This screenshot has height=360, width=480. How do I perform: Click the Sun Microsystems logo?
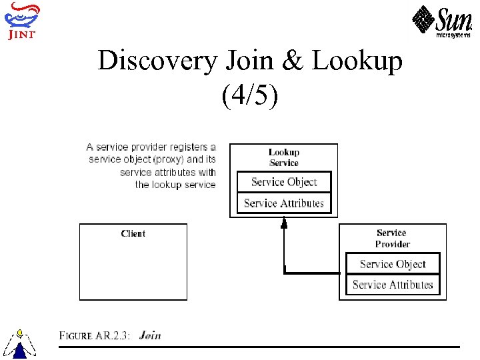441,21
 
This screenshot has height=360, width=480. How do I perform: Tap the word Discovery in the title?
157,61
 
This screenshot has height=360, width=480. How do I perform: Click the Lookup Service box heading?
284,157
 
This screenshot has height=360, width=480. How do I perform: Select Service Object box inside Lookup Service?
284,182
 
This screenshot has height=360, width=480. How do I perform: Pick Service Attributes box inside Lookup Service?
284,203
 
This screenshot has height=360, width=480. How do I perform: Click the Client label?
133,233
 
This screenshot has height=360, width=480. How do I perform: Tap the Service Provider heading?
392,238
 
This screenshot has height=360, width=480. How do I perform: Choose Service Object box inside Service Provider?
393,264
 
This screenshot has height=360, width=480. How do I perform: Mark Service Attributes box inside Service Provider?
393,285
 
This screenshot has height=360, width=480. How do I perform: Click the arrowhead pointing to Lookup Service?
284,224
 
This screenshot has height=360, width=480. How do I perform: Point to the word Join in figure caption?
150,335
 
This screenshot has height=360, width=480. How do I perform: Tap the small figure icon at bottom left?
20,343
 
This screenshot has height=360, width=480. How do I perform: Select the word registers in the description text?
189,147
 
